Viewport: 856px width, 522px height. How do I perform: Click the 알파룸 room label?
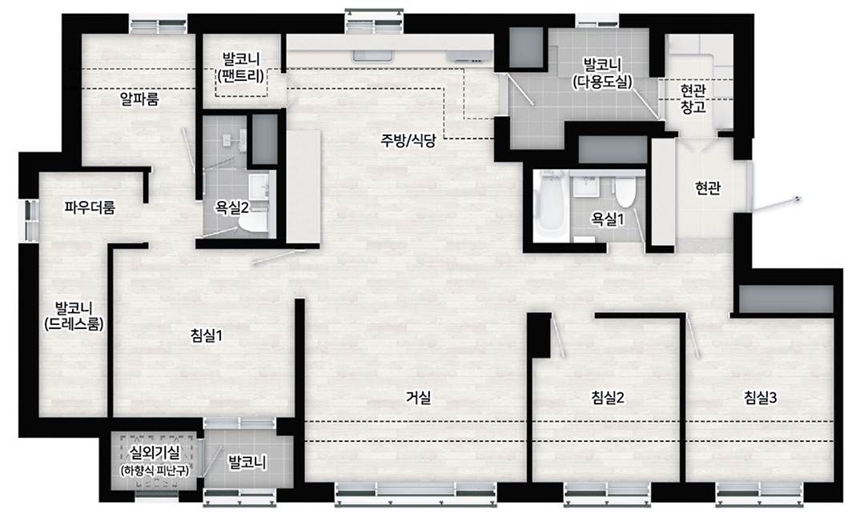point(139,99)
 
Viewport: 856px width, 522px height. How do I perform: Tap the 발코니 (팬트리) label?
point(241,67)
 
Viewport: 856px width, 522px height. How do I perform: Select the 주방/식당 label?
point(408,141)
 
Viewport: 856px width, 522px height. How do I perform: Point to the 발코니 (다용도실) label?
point(602,73)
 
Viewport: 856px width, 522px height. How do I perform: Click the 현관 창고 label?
point(693,98)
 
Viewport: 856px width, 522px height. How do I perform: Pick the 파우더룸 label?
point(90,207)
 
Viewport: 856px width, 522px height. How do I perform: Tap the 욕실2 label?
point(232,207)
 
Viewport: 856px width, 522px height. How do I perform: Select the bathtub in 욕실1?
point(551,206)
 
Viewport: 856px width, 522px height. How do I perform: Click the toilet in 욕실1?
point(625,191)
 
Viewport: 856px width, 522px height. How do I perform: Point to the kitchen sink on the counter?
point(372,56)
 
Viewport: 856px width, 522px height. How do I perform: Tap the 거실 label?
point(418,398)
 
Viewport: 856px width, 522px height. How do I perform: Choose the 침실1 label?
point(207,335)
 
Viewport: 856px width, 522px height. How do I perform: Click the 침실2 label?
point(608,398)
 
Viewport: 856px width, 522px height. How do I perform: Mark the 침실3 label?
point(760,398)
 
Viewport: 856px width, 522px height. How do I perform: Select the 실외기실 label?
point(155,452)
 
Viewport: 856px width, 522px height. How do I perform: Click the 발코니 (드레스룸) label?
point(74,315)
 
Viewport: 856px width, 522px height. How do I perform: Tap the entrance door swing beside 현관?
point(775,203)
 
